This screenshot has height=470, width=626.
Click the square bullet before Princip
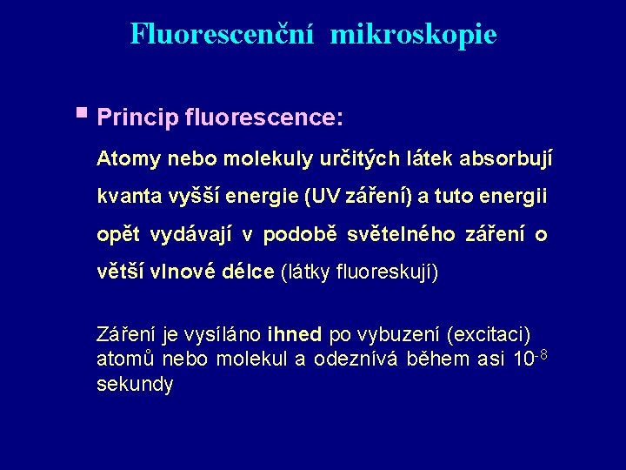(x=82, y=112)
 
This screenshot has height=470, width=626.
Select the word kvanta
(x=125, y=197)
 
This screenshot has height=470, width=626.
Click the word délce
(x=248, y=272)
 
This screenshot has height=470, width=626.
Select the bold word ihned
(x=296, y=335)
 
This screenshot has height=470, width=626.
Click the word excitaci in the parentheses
(x=487, y=335)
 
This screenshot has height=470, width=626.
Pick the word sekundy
(x=135, y=385)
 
